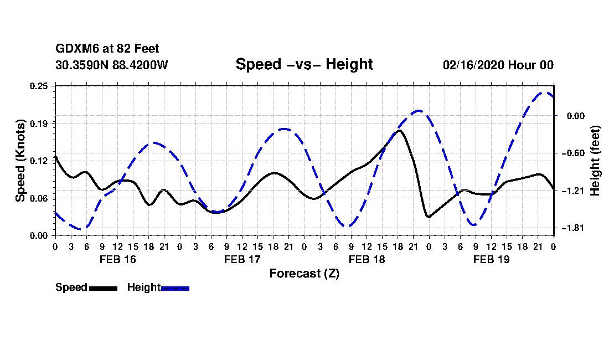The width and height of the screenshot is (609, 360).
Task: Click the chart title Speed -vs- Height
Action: (x=304, y=64)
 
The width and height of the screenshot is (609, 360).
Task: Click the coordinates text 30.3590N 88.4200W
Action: (x=112, y=65)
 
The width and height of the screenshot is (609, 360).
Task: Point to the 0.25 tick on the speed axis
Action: (x=40, y=86)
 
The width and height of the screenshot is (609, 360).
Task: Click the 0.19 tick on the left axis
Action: (x=40, y=123)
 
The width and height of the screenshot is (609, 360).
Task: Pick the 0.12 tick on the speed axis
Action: (x=40, y=161)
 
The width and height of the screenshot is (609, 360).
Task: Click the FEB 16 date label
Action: (x=117, y=259)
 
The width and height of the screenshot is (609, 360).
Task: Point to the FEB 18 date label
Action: (x=367, y=259)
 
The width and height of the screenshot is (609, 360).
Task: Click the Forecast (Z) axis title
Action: (x=304, y=274)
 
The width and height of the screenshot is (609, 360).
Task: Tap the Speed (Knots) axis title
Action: (x=20, y=161)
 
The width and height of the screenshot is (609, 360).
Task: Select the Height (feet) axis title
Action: (x=595, y=161)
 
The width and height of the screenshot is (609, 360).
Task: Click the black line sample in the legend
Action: (x=102, y=288)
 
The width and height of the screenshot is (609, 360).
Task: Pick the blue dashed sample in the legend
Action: (x=175, y=288)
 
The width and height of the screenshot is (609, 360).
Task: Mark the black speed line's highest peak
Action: (x=400, y=130)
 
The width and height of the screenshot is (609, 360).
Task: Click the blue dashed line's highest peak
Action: (x=545, y=92)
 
